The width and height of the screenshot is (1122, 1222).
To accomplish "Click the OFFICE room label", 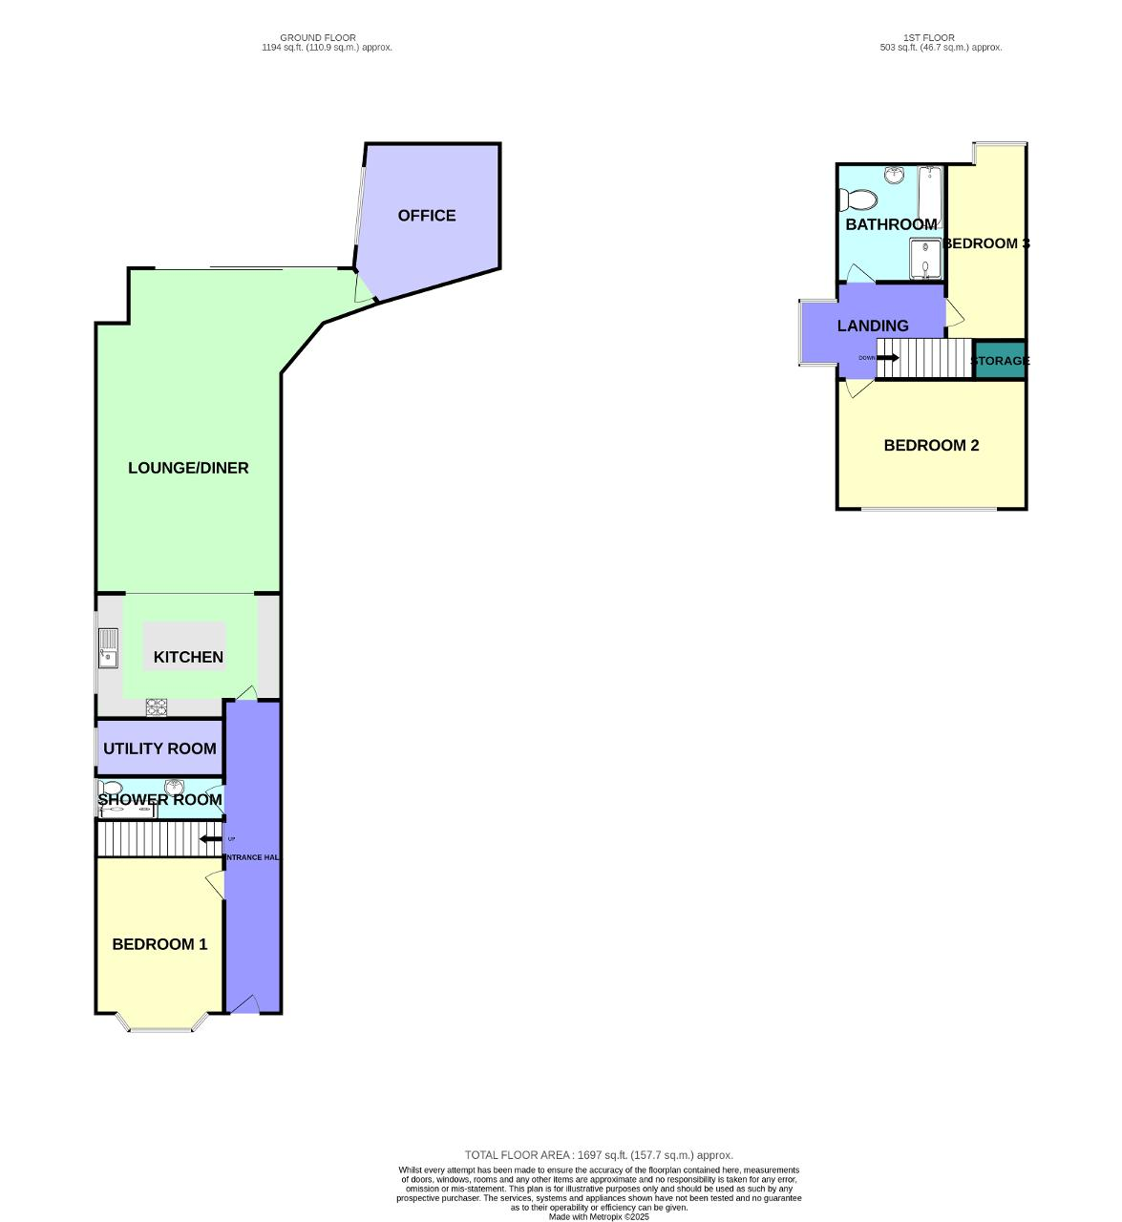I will [427, 216].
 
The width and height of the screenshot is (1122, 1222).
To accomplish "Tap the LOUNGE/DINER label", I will [188, 468].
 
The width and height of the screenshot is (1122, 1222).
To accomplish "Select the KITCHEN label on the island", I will [188, 657].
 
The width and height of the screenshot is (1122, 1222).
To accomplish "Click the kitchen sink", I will [108, 648].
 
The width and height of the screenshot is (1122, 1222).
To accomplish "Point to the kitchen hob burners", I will [156, 707].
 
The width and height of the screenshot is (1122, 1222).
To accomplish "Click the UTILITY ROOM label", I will [159, 748].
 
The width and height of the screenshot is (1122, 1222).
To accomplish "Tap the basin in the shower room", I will [174, 787].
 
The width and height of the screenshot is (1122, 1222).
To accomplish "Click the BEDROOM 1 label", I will [159, 944].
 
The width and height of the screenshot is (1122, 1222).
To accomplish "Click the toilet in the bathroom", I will [857, 200].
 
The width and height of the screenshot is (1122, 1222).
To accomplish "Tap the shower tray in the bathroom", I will [924, 259].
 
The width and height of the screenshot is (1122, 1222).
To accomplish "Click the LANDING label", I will [873, 326].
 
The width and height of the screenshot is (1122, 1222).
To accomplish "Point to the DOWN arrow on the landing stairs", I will [887, 358].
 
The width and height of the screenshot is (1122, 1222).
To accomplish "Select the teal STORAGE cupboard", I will [1000, 360].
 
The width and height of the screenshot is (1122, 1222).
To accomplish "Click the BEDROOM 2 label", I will [931, 446].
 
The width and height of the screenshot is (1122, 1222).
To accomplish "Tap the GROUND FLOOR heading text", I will [318, 38].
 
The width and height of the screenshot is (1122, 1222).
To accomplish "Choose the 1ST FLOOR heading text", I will [928, 38].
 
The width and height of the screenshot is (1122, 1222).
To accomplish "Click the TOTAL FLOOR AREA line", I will [599, 1155].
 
